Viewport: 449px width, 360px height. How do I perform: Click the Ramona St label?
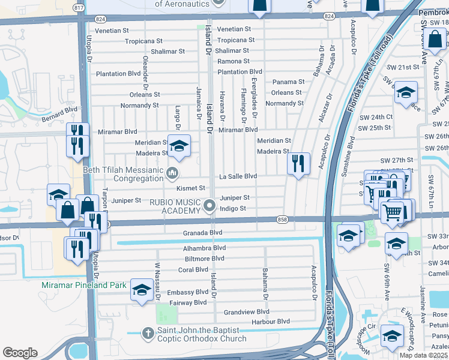click(233, 61)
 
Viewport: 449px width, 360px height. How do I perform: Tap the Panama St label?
click(288, 82)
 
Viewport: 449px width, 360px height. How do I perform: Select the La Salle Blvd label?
click(238, 176)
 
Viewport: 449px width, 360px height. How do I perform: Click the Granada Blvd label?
click(204, 233)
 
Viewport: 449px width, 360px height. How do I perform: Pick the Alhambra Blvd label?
click(204, 248)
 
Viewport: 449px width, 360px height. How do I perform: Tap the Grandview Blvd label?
click(246, 312)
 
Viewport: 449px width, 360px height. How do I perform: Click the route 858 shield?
click(282, 220)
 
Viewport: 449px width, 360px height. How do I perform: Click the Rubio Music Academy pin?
click(209, 206)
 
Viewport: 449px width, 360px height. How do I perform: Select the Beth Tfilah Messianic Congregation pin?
click(173, 173)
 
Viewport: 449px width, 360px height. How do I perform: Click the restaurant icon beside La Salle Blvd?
click(298, 163)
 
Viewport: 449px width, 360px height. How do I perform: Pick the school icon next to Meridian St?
click(178, 146)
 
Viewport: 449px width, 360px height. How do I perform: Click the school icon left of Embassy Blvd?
click(141, 290)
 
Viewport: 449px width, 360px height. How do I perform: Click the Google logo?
click(20, 352)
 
